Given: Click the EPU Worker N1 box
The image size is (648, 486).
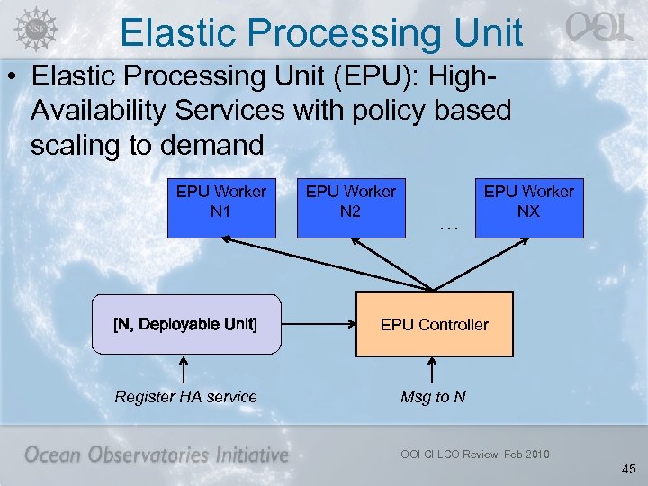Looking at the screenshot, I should pyautogui.click(x=221, y=208).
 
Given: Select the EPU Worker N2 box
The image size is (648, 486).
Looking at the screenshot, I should pyautogui.click(x=351, y=208).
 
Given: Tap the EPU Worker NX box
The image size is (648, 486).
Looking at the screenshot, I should pyautogui.click(x=529, y=208).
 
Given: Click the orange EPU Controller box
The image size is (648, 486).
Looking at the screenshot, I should pyautogui.click(x=435, y=324).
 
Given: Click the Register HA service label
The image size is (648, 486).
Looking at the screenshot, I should pyautogui.click(x=185, y=397).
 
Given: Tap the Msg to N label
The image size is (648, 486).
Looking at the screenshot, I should pyautogui.click(x=433, y=397).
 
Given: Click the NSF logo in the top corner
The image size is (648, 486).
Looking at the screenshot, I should pyautogui.click(x=33, y=27).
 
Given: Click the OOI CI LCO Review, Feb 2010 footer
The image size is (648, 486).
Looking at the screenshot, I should pyautogui.click(x=474, y=454).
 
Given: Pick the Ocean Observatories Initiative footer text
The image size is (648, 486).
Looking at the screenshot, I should pyautogui.click(x=156, y=454).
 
